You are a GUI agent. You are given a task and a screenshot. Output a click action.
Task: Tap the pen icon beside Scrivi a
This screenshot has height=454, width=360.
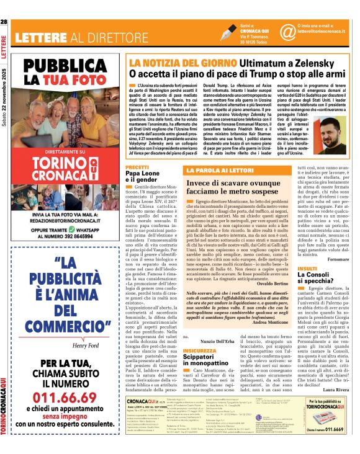228,32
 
